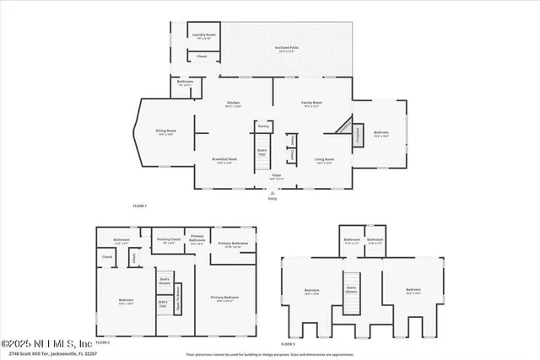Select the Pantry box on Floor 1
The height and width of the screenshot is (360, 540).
(x=263, y=126)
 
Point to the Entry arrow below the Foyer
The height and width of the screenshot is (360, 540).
(x=273, y=193)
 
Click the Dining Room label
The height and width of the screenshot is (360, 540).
(x=165, y=132)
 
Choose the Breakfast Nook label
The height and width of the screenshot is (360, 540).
(x=224, y=161)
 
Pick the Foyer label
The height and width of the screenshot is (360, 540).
(x=276, y=177)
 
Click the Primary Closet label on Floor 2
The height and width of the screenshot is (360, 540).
(x=169, y=240)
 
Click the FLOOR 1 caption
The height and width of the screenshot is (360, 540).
(x=139, y=206)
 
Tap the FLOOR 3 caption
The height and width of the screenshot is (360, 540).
(x=288, y=344)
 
